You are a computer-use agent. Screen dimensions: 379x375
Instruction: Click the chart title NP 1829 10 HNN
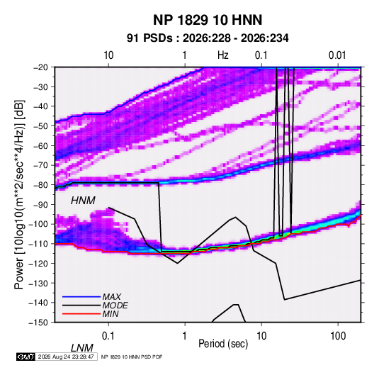pyautogui.click(x=208, y=20)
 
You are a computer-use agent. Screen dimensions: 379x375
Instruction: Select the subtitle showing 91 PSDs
pyautogui.click(x=208, y=38)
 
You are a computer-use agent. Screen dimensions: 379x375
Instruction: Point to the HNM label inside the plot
pyautogui.click(x=83, y=201)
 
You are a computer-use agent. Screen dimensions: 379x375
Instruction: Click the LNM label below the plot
pyautogui.click(x=81, y=348)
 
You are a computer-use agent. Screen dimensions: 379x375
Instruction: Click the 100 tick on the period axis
pyautogui.click(x=338, y=336)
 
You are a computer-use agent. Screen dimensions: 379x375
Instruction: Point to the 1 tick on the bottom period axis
pyautogui.click(x=185, y=336)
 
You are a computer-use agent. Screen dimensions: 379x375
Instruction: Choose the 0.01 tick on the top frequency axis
pyautogui.click(x=337, y=55)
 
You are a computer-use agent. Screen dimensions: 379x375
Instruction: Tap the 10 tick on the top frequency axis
pyautogui.click(x=108, y=55)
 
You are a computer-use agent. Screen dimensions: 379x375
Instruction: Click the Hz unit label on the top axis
pyautogui.click(x=223, y=55)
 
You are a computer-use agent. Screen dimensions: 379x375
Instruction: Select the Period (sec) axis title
pyautogui.click(x=223, y=344)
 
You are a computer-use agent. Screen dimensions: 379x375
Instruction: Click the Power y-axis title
pyautogui.click(x=19, y=194)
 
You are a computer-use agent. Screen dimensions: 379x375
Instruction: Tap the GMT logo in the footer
pyautogui.click(x=26, y=357)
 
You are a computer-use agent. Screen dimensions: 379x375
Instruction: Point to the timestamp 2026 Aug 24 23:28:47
pyautogui.click(x=66, y=357)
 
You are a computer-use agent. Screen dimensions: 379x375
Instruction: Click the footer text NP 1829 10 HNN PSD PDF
pyautogui.click(x=132, y=357)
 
